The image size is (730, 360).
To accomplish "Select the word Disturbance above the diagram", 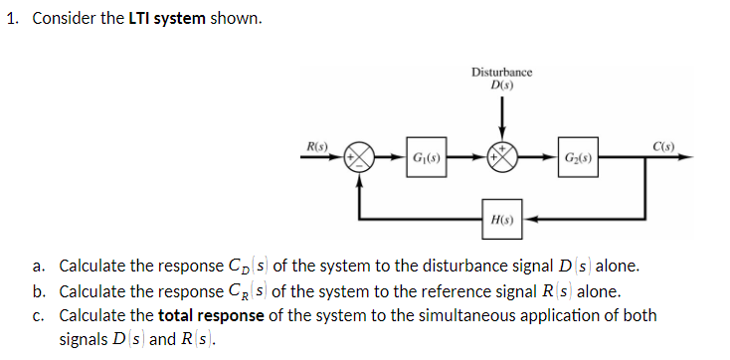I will tap(501, 73).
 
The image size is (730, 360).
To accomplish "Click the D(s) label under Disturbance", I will tap(501, 85).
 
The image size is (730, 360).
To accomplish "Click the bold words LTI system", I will tap(167, 20).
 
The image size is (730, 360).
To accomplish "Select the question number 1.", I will tap(11, 20).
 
